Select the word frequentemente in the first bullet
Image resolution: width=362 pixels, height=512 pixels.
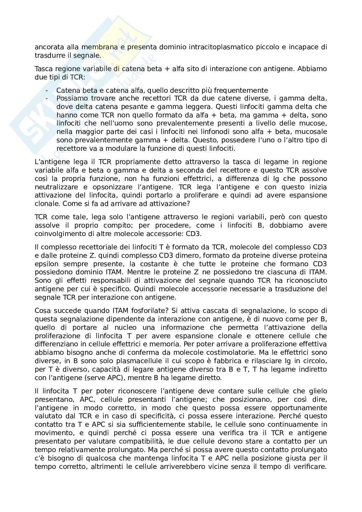(245, 90)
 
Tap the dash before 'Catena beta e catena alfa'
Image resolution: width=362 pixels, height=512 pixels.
(47, 90)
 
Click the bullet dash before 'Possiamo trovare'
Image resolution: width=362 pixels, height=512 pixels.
(47, 98)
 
